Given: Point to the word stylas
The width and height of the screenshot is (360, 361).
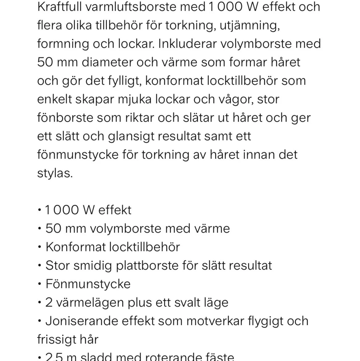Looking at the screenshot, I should pos(55,173).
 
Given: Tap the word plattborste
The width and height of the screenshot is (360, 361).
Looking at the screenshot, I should pos(147,266).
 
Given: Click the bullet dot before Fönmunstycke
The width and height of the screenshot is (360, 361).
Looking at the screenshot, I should pos(39,284).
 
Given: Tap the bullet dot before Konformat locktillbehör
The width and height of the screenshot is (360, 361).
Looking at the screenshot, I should pos(39,247).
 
